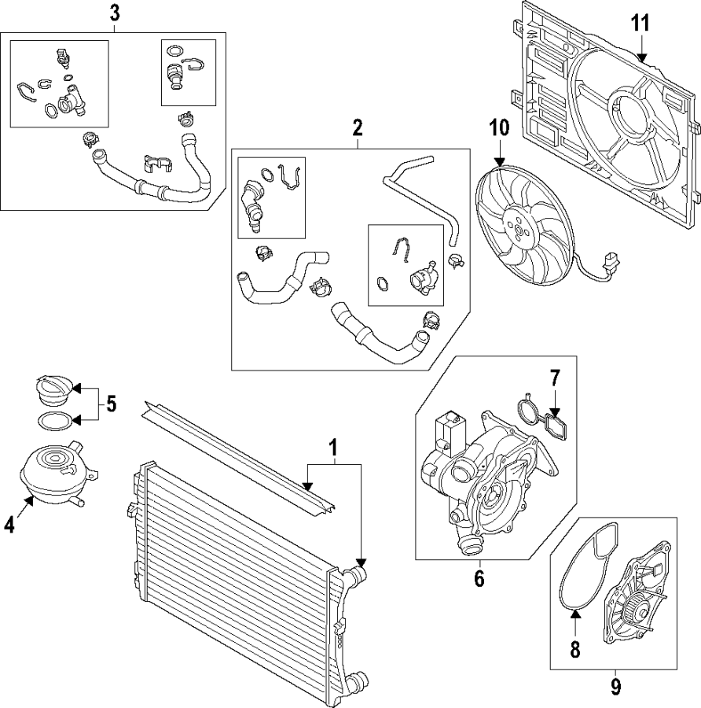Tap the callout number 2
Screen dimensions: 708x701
[357, 127]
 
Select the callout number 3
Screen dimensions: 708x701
[115, 13]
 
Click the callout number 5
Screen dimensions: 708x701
[111, 404]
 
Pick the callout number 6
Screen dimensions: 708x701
[479, 579]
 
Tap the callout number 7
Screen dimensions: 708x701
[554, 378]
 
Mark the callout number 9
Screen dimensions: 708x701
[615, 688]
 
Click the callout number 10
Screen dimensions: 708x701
[498, 127]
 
